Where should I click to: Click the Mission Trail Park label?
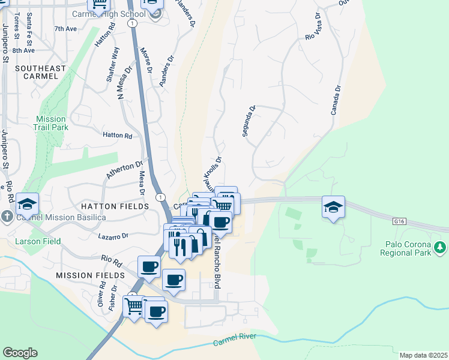(x=52, y=123)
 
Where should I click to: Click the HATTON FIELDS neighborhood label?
(x=115, y=206)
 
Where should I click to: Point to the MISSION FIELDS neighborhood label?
(x=85, y=275)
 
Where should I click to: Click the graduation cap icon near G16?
(x=333, y=207)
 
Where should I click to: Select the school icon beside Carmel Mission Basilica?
(x=27, y=205)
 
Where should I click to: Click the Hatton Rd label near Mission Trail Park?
(x=117, y=136)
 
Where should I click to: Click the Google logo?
(x=20, y=353)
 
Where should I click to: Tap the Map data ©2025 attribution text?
(x=423, y=355)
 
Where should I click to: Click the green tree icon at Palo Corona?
(x=440, y=247)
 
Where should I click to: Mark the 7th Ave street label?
(x=65, y=28)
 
